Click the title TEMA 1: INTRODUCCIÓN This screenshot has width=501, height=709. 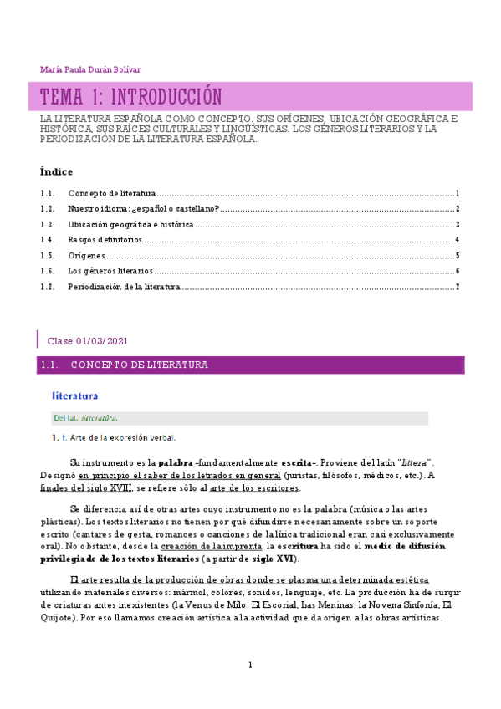[131, 97]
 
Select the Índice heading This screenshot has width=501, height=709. [57, 171]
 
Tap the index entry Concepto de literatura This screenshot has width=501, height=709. [112, 193]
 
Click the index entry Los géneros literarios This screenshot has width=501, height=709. [110, 272]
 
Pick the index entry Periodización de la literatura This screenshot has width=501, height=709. [124, 287]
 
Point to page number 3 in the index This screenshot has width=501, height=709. [458, 225]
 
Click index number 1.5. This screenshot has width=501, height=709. [48, 256]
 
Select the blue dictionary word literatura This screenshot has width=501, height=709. [75, 395]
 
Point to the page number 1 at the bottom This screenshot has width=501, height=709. [249, 666]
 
